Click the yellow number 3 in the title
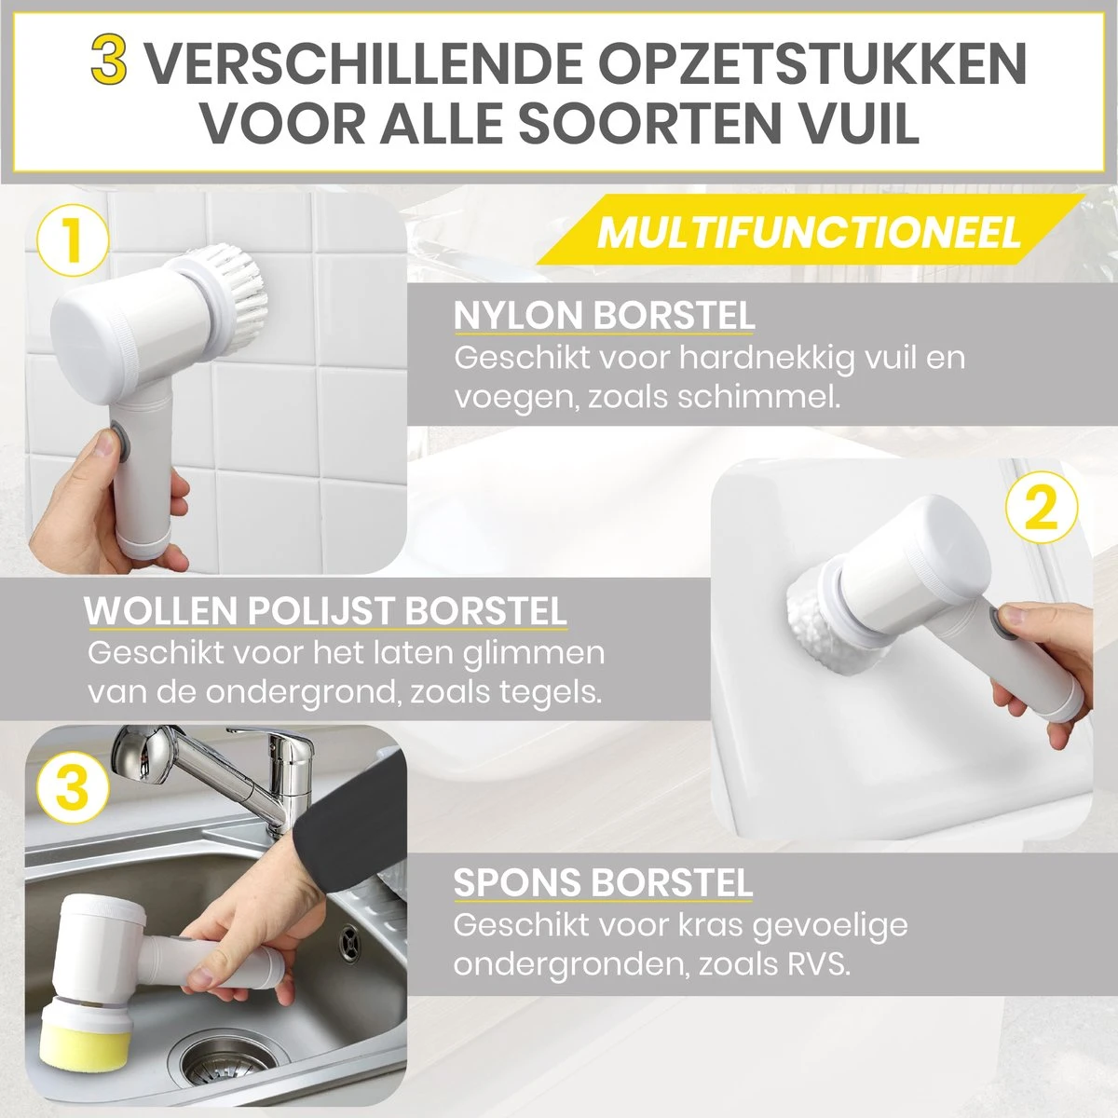[108, 61]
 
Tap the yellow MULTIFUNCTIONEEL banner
[809, 231]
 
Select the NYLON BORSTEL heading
[604, 317]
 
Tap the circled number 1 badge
[73, 240]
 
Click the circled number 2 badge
[1042, 510]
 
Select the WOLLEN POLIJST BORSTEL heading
[325, 611]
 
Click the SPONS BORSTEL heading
[603, 882]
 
